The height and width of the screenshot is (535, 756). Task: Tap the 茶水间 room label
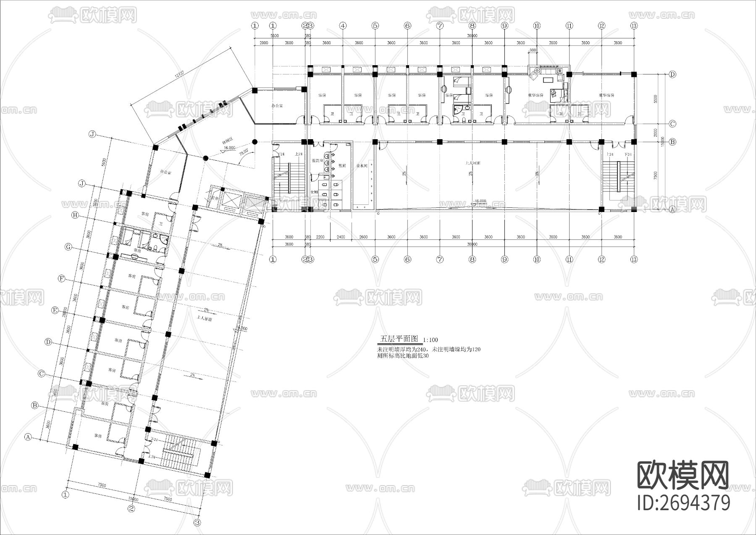click(x=362, y=166)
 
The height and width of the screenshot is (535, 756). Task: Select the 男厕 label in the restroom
click(x=342, y=166)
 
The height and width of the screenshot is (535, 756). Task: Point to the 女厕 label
click(x=314, y=192)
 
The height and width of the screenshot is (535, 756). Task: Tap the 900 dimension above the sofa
click(x=533, y=50)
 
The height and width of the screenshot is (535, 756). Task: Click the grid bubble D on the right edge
click(x=672, y=74)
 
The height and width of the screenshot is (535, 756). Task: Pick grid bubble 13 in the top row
click(x=634, y=26)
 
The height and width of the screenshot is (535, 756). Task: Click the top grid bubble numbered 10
click(x=536, y=26)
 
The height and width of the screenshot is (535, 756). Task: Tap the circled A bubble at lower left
click(x=29, y=437)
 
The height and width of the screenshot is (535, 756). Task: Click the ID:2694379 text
click(x=683, y=503)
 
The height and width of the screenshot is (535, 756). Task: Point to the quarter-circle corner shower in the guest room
click(x=457, y=110)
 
